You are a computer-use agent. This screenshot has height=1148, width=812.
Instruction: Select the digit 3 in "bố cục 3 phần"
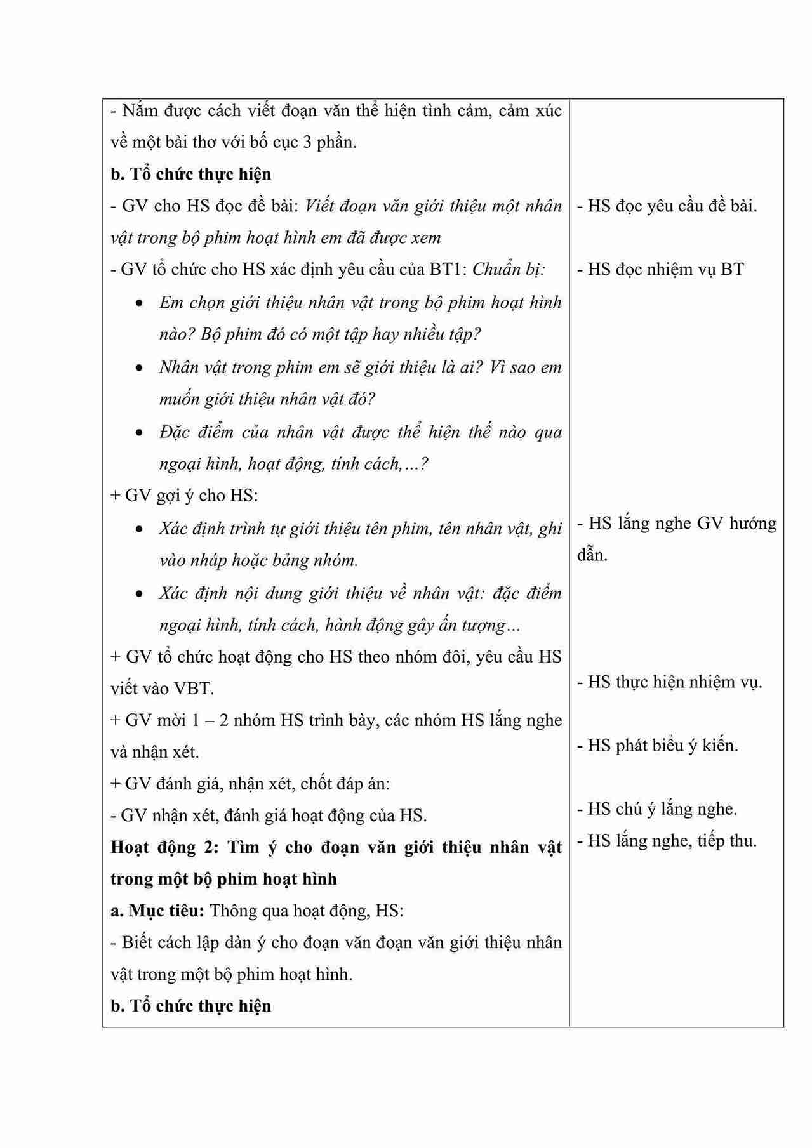click(x=307, y=143)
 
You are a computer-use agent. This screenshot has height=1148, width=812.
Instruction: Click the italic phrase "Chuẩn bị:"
click(x=509, y=270)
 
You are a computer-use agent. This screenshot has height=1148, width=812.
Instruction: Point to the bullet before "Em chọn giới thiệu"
click(x=140, y=303)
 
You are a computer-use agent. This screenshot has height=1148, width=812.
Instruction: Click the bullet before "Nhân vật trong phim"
click(x=140, y=368)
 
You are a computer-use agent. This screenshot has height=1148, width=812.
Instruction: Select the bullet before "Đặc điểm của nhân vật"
click(x=140, y=433)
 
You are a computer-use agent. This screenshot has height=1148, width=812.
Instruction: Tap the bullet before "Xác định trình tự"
click(x=140, y=529)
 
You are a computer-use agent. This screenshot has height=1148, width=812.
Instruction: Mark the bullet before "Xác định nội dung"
click(x=140, y=594)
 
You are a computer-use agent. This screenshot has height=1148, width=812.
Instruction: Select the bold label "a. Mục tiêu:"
click(x=157, y=911)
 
